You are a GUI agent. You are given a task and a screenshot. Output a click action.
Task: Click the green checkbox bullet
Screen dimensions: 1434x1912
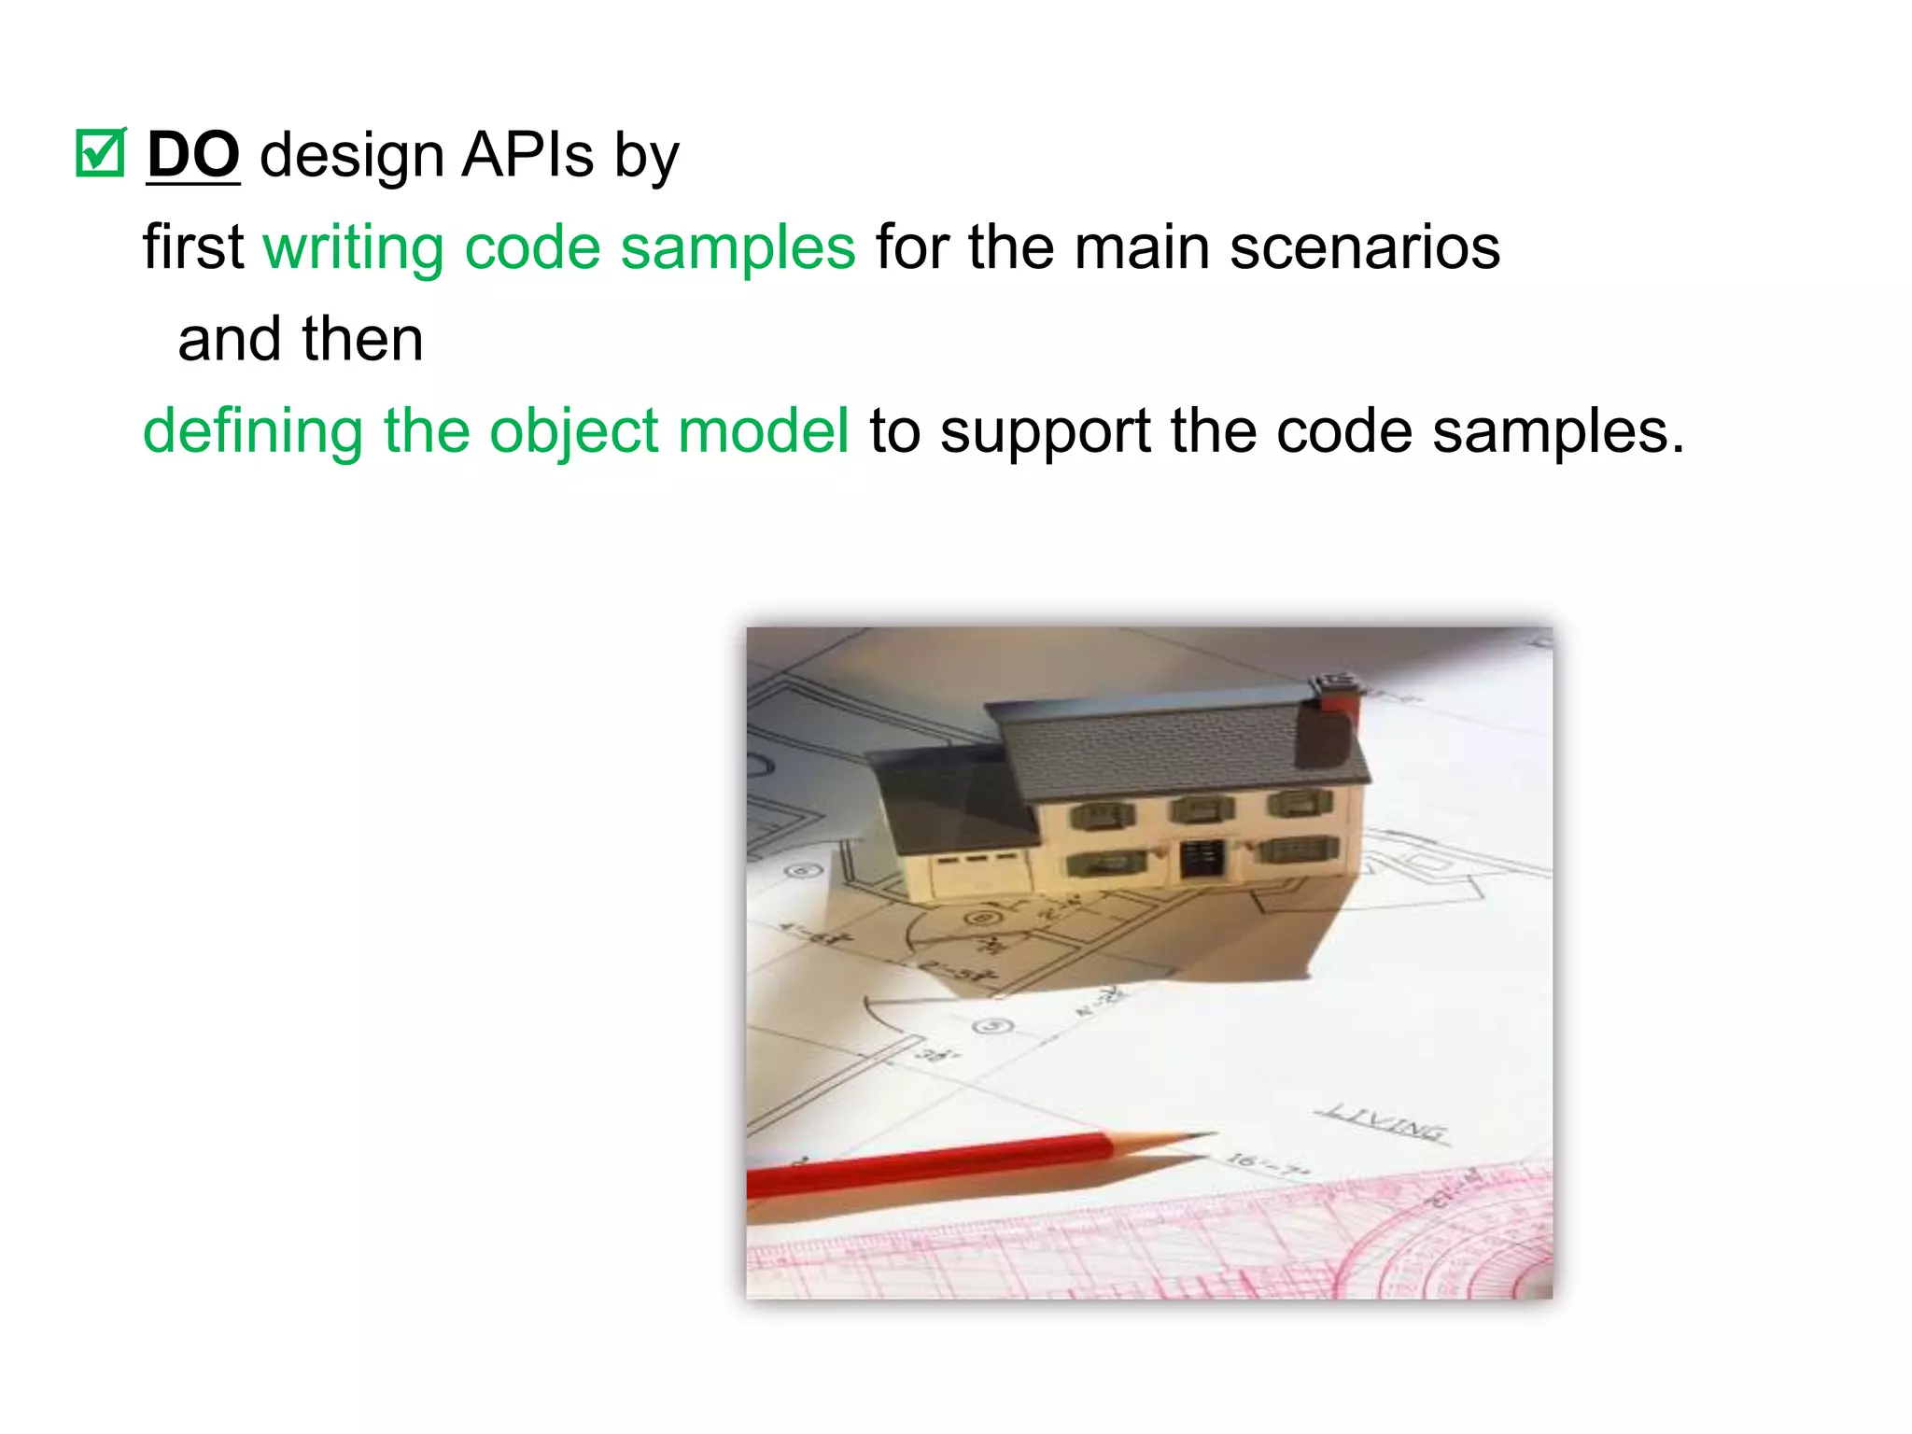click(x=100, y=153)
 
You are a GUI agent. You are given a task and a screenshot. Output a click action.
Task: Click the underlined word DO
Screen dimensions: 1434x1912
click(x=193, y=155)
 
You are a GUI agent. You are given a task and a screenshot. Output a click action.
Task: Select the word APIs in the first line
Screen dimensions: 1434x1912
click(x=527, y=155)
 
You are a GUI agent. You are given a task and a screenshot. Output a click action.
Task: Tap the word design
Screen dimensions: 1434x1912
click(x=351, y=155)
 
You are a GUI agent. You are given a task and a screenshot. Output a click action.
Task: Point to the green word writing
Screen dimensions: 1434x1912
click(x=353, y=248)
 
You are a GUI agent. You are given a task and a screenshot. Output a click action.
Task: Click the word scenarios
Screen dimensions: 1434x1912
click(x=1364, y=248)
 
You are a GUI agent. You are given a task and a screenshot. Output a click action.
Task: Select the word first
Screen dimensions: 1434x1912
click(x=193, y=248)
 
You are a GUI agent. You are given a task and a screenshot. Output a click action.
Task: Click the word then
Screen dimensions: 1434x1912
click(x=362, y=339)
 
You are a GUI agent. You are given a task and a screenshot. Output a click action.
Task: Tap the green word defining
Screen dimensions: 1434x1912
click(x=252, y=432)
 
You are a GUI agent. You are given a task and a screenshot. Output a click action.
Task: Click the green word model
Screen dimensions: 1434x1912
click(x=763, y=432)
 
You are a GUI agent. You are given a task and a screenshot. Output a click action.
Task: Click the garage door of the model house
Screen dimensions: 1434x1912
click(x=977, y=872)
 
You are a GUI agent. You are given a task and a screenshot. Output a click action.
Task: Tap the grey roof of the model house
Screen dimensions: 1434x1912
click(x=1176, y=747)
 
